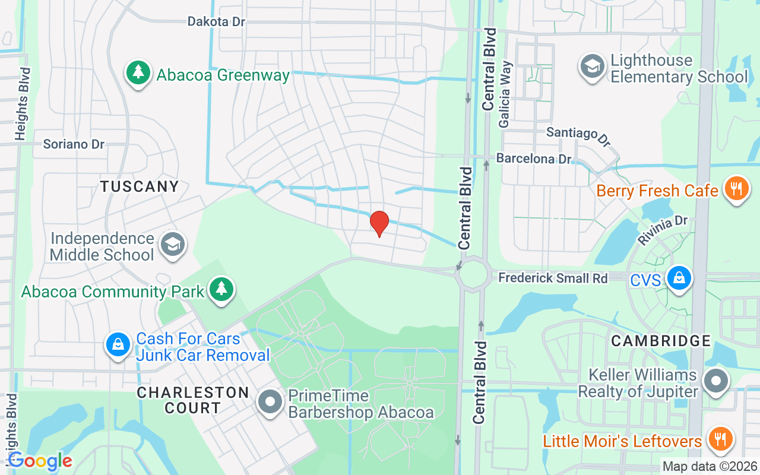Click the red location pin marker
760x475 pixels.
tap(379, 224)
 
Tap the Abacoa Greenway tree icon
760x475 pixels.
tap(138, 74)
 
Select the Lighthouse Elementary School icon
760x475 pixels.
tap(591, 68)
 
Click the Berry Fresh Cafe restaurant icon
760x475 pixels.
tap(736, 189)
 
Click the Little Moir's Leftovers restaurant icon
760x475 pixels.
tap(721, 440)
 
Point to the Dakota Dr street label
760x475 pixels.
tap(216, 21)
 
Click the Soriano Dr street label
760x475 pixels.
tap(74, 144)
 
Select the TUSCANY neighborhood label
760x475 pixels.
tap(140, 186)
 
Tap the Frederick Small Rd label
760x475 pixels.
tap(553, 278)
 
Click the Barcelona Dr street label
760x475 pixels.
tap(533, 159)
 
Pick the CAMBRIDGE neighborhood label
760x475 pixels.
tap(661, 341)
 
